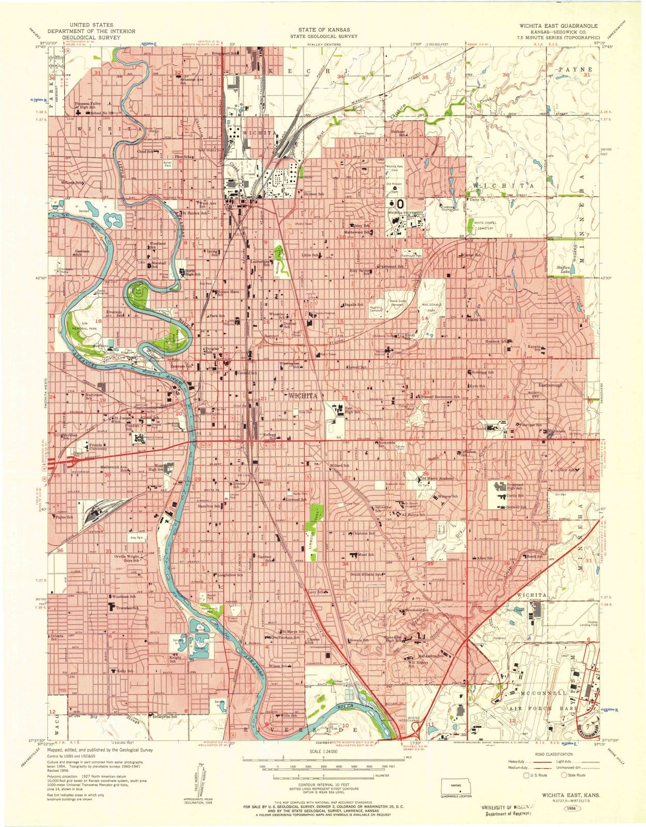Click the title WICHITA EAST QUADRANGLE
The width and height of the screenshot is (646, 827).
(x=559, y=25)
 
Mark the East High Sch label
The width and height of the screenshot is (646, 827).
(x=352, y=409)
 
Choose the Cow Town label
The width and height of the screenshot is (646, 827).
(x=124, y=358)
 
